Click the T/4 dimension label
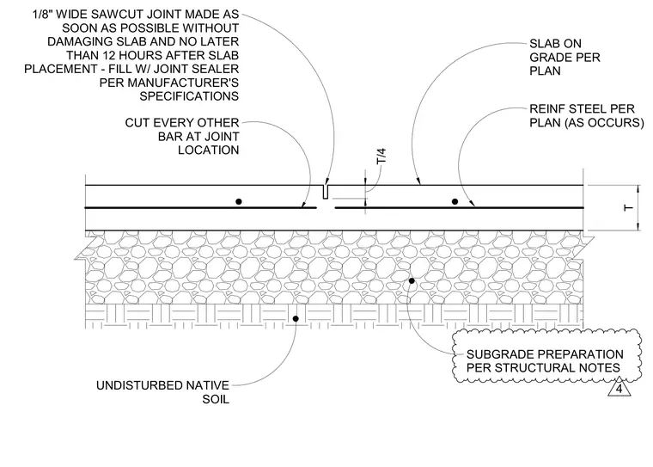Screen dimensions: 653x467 coord(381,156)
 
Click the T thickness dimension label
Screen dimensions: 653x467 coord(628,207)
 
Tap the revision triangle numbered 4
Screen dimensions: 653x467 coord(619,388)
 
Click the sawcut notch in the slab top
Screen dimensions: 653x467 coord(326,192)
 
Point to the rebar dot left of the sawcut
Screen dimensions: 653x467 coord(239,201)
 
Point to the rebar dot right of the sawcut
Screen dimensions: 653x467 coord(455,201)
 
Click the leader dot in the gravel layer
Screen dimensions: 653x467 coord(412,280)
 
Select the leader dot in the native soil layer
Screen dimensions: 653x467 coord(296,318)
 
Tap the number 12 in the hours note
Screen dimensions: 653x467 coord(109,55)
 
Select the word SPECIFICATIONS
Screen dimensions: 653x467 coord(189,96)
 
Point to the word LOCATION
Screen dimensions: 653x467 coord(209,151)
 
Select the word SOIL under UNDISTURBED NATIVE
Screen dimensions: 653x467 coord(216,399)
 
